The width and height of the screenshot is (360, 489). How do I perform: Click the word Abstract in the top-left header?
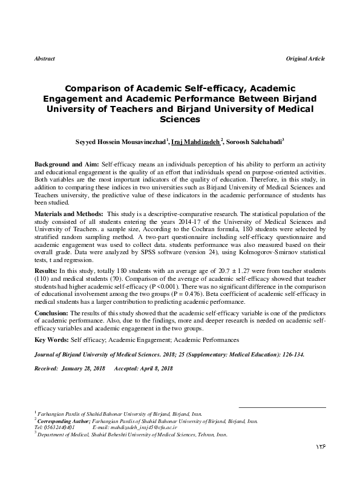tap(45, 59)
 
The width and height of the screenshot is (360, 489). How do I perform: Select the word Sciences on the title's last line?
tap(180, 120)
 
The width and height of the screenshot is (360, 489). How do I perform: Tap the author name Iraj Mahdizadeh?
tap(195, 142)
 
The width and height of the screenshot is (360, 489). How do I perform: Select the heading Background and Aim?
tap(67, 165)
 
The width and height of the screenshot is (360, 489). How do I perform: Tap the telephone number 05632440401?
tap(59, 426)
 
